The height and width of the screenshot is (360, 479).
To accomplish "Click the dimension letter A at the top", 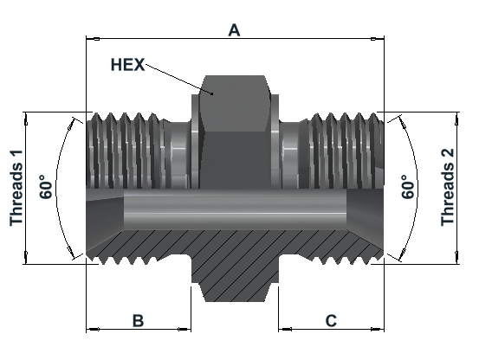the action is coord(234,30).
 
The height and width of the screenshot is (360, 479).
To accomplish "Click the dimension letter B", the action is coord(138,321).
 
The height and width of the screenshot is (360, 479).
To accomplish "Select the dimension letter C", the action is coord(331,321).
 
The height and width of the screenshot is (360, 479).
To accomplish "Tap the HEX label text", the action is coord(127,65).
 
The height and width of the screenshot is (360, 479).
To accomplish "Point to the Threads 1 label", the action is coord(16,188).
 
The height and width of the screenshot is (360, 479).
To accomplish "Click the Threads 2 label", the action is coord(448,187).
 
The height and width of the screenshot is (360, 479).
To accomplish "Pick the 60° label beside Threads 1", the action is coord(46,187).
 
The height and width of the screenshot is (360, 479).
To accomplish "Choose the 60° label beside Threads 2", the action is coord(408,187).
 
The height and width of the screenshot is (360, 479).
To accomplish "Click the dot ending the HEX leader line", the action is coord(212,93).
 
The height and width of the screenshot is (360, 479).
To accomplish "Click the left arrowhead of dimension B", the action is coord(93,329).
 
